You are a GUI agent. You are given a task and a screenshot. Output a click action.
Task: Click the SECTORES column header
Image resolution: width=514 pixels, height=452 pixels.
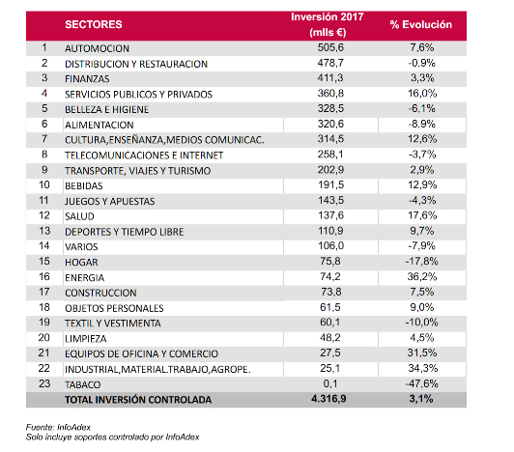94,24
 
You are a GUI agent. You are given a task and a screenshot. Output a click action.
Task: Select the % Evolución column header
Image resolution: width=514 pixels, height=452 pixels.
421,24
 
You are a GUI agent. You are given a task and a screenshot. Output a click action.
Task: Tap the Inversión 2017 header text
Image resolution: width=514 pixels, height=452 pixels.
328,16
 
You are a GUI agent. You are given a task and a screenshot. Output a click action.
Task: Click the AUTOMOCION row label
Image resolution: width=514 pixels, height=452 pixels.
97,48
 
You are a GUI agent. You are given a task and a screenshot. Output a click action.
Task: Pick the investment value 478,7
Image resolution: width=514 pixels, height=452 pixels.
330,63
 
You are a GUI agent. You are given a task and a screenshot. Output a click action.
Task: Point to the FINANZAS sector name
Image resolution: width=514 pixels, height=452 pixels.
87,79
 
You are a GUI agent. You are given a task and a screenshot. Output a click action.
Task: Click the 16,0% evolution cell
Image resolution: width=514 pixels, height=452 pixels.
422,94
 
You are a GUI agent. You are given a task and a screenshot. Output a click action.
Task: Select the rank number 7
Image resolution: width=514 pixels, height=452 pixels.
44,139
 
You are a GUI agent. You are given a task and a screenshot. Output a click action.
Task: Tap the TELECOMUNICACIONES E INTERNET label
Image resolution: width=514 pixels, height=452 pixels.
144,155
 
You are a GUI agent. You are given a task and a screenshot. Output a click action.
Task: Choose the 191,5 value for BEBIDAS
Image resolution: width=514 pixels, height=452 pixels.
331,184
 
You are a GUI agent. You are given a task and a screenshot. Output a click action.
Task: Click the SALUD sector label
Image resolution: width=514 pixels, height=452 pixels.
79,216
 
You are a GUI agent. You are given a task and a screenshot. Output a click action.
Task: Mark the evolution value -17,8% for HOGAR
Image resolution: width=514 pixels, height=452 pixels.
421,261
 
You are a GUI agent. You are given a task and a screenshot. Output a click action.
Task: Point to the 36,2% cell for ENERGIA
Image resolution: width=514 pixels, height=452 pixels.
422,276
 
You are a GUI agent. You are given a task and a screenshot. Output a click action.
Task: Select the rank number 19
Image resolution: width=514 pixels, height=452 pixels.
44,323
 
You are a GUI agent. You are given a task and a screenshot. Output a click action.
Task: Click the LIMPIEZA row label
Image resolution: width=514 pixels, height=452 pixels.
86,339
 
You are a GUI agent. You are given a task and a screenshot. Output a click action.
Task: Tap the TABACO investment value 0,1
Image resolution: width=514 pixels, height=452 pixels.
330,383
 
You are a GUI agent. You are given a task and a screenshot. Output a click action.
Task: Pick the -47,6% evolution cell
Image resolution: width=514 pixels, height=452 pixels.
421,383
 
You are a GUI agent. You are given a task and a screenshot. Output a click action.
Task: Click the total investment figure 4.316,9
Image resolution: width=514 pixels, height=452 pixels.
328,399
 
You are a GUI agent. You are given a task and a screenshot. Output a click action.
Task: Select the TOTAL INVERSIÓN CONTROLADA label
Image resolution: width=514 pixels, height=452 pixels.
138,400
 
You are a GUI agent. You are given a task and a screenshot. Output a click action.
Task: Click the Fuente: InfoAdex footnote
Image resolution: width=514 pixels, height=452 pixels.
58,427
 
